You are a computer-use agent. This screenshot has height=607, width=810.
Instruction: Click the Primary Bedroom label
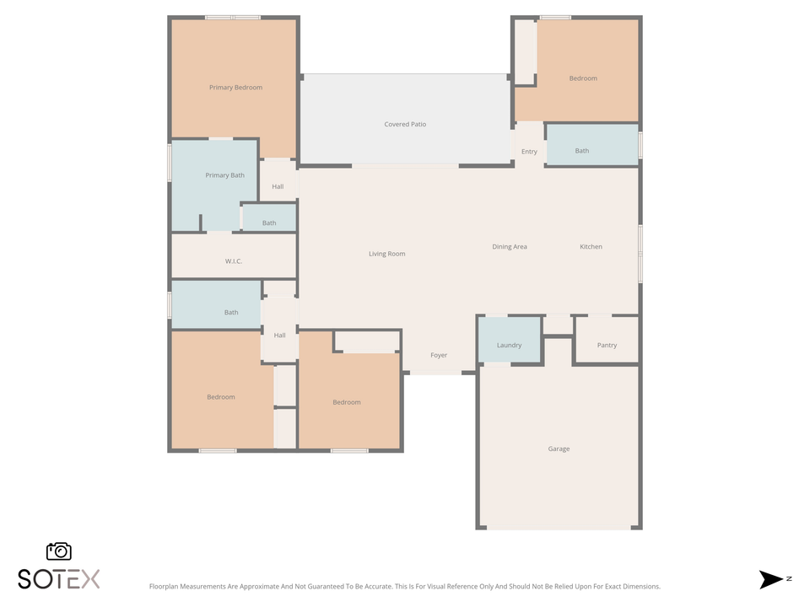235,88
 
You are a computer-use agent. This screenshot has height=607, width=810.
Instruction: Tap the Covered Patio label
405,125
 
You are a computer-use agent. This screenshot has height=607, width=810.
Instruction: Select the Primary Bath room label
224,175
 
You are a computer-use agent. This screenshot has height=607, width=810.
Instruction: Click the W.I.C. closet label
234,261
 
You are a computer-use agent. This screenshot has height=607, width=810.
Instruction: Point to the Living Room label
386,254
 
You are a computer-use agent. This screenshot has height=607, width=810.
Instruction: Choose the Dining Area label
510,247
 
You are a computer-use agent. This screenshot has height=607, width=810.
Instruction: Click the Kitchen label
591,247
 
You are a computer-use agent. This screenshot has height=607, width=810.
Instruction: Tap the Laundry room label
509,346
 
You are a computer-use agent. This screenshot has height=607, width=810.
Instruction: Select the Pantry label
607,346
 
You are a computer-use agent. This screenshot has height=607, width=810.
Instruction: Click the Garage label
559,449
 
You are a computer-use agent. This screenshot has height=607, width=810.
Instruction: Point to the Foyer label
439,356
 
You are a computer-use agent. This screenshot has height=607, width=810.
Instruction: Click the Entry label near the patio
529,153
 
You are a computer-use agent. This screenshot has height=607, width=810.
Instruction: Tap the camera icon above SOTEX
59,551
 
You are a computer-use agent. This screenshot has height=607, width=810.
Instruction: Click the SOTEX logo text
59,579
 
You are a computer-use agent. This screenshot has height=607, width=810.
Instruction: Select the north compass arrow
770,579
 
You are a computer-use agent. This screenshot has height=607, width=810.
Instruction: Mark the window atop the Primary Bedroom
233,17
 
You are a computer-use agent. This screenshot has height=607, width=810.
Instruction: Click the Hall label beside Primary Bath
278,187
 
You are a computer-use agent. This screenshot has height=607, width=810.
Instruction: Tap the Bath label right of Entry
582,152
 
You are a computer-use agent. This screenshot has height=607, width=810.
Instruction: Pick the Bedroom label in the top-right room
582,78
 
